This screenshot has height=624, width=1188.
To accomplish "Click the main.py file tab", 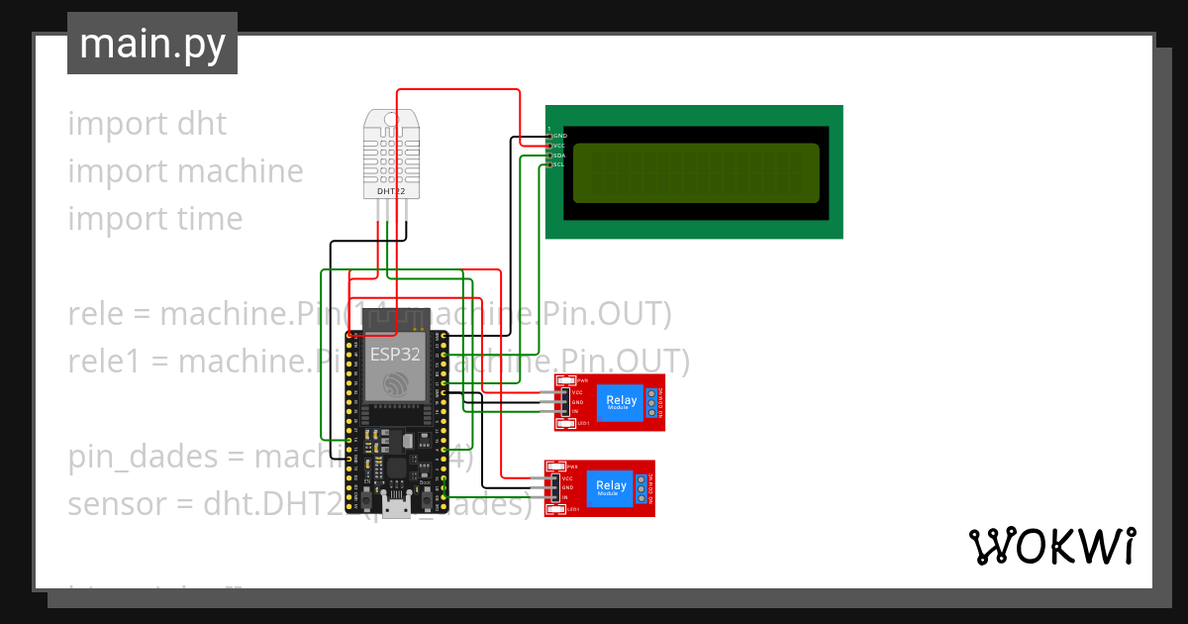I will (x=152, y=45).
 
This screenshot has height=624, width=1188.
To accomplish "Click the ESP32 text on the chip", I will (x=395, y=353).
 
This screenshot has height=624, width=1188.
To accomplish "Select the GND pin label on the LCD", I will (x=559, y=135).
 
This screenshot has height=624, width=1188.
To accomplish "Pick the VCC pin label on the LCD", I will (x=559, y=145).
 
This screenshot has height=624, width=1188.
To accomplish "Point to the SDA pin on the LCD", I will (x=559, y=156).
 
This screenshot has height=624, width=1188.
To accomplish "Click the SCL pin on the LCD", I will (x=559, y=164).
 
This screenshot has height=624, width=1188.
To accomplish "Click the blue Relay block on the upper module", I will (x=622, y=402).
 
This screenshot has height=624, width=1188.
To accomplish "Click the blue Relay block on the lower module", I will (x=611, y=487).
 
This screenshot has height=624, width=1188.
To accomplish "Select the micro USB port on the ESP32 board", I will (x=399, y=510).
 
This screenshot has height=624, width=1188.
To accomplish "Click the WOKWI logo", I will (x=1052, y=546).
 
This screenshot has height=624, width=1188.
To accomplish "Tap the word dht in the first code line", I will (x=202, y=124).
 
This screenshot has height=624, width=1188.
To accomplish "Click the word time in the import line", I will (x=208, y=219).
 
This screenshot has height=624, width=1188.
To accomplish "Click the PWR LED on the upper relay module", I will (x=567, y=380).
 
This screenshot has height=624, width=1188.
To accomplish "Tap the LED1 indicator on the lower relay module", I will (x=557, y=509).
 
